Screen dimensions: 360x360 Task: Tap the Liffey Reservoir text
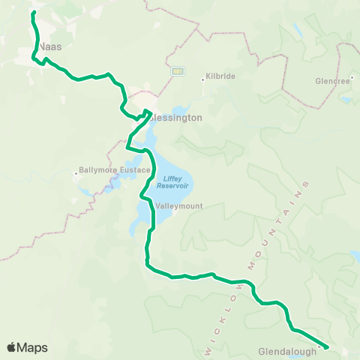point(175,181)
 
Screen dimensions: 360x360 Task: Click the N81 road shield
point(177,71)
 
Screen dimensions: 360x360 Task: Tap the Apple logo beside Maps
point(13,346)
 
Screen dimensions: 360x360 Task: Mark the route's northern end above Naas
point(34,13)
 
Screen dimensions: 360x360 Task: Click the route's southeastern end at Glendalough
point(327,346)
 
